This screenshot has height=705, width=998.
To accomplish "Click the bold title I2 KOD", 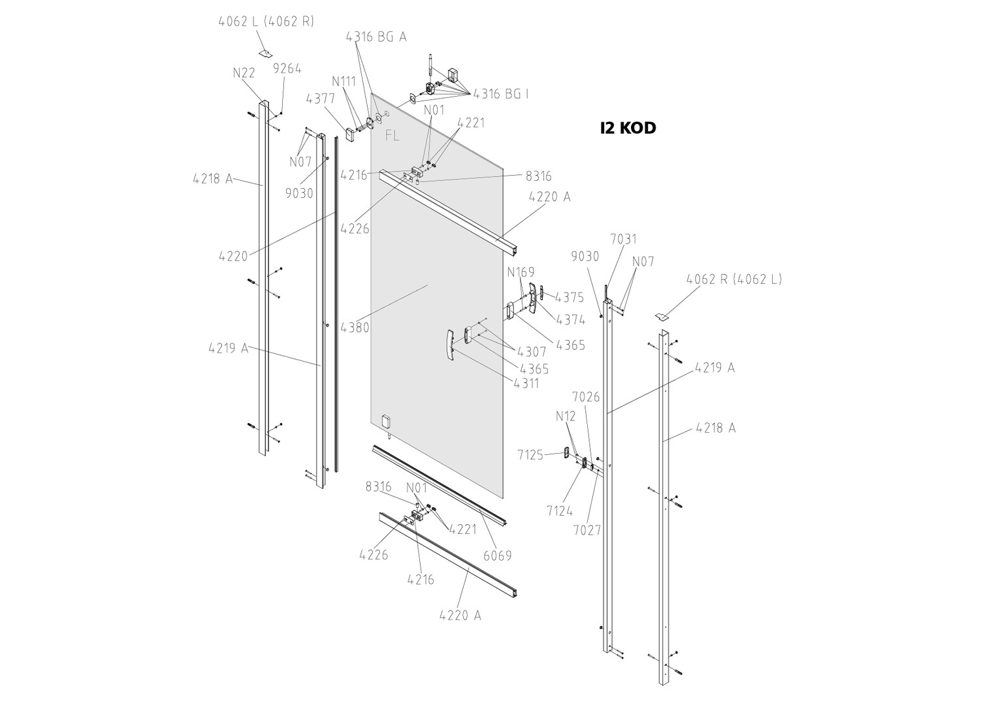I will (x=628, y=128).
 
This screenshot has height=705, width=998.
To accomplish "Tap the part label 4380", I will (x=355, y=327).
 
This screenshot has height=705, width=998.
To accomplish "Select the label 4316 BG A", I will (x=376, y=37).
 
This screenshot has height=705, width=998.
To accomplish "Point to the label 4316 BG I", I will (x=501, y=94).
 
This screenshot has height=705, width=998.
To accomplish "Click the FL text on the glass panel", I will (x=393, y=136).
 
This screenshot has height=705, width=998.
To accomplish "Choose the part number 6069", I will (x=498, y=556).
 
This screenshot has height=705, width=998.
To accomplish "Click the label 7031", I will (x=623, y=240).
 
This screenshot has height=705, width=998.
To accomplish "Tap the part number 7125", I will (x=530, y=455).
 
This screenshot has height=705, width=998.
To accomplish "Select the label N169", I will (x=521, y=272).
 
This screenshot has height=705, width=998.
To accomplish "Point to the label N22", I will (x=244, y=73).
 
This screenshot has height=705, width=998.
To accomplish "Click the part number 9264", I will (x=287, y=69).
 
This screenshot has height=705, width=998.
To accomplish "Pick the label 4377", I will (x=320, y=99).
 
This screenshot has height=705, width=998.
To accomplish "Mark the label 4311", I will (x=526, y=383).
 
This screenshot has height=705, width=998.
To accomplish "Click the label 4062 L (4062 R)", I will (x=266, y=21).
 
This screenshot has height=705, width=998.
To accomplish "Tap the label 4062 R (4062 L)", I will (x=734, y=279).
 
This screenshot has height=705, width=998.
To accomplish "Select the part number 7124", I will (x=560, y=511).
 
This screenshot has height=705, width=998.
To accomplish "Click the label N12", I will (x=566, y=416).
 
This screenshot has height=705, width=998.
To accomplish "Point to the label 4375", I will (x=570, y=298).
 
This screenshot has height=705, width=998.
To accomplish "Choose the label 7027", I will (x=587, y=530).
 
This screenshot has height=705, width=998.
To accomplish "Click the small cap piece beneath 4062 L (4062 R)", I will (x=265, y=53).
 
